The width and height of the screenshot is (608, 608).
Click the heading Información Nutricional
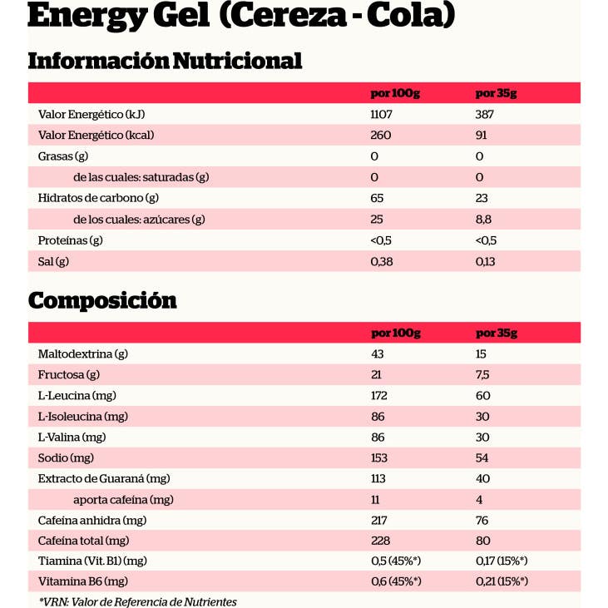click(x=165, y=61)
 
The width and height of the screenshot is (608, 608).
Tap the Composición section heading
click(x=102, y=299)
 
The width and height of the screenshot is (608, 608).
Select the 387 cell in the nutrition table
click(x=484, y=114)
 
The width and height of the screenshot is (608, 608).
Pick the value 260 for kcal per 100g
click(x=380, y=135)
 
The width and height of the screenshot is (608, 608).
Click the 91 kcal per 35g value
click(x=481, y=135)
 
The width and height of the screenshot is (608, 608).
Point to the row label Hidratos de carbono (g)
click(x=98, y=198)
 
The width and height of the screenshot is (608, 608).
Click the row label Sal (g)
click(x=54, y=261)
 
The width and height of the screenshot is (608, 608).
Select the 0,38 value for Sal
click(x=382, y=261)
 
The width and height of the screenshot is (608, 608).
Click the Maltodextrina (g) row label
click(x=82, y=353)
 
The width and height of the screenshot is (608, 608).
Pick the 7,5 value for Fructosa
click(x=482, y=374)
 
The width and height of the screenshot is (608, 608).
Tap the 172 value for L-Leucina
click(x=379, y=395)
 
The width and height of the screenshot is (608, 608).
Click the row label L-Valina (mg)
click(x=72, y=437)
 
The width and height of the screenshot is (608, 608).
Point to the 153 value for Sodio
click(x=379, y=457)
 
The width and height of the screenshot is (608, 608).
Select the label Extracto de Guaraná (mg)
click(x=104, y=478)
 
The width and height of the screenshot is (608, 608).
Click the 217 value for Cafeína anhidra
click(x=379, y=520)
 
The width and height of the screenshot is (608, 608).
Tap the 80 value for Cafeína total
click(x=482, y=541)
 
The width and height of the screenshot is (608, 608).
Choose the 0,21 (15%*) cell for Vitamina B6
click(x=502, y=581)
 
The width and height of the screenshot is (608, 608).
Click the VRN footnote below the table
click(x=137, y=601)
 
